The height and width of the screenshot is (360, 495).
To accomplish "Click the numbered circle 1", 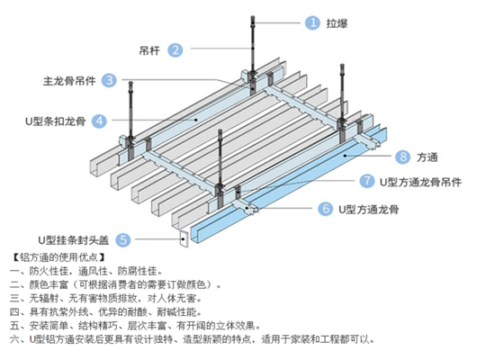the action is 312,22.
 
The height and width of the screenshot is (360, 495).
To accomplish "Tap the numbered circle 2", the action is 175,49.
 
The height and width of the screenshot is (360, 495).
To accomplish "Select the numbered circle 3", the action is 109,80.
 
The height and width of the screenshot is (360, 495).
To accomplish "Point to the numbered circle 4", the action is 99,121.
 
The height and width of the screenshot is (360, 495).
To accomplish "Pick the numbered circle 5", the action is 123,239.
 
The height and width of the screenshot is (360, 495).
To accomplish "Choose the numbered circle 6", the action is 326,209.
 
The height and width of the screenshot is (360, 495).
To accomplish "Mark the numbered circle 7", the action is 367,181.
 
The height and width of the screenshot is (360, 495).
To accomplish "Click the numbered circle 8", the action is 403,157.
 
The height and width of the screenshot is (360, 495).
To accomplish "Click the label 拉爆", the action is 337,23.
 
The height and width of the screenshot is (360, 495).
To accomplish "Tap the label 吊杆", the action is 149,50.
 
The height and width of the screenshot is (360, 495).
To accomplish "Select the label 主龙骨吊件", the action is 69,81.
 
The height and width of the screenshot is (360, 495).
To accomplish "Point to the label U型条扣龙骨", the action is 56,121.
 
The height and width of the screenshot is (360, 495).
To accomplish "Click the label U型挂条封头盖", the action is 74,240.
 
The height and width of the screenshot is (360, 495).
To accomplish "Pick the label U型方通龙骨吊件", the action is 420,182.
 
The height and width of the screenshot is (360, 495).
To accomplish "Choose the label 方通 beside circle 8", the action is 427,157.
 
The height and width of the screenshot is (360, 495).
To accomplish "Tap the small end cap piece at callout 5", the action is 184,238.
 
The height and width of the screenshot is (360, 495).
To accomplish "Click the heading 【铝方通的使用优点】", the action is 58,257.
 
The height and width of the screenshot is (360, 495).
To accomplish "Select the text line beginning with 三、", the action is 106,298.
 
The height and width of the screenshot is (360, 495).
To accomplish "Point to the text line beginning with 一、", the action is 86,271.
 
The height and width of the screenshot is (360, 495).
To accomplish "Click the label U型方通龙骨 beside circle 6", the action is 369,210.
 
